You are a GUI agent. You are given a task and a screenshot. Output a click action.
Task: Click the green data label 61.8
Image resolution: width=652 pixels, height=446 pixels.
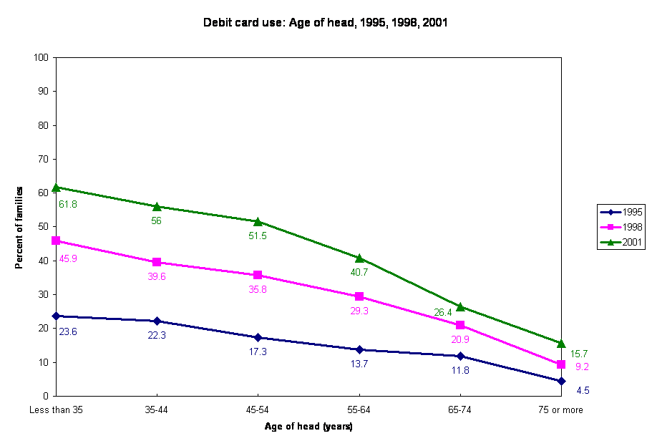click(68, 204)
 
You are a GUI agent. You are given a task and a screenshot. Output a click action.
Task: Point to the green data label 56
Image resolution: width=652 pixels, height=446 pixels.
click(156, 221)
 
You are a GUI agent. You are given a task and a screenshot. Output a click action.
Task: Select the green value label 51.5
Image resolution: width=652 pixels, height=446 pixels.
click(258, 236)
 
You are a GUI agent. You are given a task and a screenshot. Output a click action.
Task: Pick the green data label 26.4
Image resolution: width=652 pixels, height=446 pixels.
click(443, 312)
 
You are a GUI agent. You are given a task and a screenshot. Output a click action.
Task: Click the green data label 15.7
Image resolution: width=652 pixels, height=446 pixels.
click(578, 354)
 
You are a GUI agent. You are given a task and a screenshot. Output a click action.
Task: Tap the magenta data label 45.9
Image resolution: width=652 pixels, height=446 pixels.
click(68, 258)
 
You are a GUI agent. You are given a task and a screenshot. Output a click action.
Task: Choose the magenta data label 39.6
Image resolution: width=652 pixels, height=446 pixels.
click(157, 276)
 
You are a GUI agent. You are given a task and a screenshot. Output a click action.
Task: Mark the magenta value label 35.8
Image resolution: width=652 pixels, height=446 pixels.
click(258, 290)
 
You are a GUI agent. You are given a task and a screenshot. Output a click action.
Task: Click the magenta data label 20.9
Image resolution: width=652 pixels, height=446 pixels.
click(459, 339)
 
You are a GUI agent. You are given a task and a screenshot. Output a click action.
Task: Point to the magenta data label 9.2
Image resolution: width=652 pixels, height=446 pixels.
click(582, 367)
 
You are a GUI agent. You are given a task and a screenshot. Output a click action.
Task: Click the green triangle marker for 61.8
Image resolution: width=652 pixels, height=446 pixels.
click(56, 188)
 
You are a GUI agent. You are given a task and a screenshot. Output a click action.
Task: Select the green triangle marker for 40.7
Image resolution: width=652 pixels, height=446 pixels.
click(359, 258)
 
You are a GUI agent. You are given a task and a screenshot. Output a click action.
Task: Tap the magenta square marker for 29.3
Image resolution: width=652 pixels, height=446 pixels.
click(359, 296)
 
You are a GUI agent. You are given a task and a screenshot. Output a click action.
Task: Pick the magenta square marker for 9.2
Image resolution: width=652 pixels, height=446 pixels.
click(561, 365)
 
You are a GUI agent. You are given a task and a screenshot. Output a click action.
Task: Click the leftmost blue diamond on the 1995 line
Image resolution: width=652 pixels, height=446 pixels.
click(56, 316)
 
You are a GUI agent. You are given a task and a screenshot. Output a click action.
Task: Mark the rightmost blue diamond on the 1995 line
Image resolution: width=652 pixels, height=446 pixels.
click(561, 382)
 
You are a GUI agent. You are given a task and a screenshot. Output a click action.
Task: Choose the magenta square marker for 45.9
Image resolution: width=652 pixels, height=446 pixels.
click(56, 241)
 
